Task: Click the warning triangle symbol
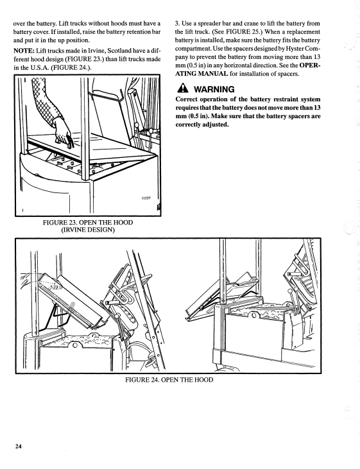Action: pyautogui.click(x=182, y=89)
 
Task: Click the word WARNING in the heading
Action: pyautogui.click(x=214, y=89)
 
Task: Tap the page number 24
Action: pyautogui.click(x=18, y=447)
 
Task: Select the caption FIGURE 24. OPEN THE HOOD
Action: pyautogui.click(x=169, y=380)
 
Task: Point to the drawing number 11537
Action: pyautogui.click(x=146, y=198)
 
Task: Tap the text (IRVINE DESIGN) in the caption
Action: pyautogui.click(x=88, y=230)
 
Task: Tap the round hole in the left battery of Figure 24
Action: pyautogui.click(x=75, y=346)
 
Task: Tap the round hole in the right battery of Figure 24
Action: pyautogui.click(x=254, y=316)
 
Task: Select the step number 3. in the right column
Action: pyautogui.click(x=177, y=23)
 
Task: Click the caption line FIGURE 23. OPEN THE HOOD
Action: pyautogui.click(x=88, y=223)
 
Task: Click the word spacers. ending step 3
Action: pyautogui.click(x=289, y=74)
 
